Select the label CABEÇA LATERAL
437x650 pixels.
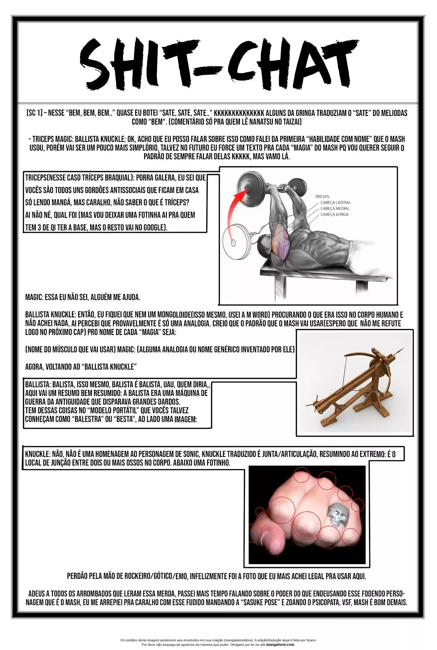click(335, 203)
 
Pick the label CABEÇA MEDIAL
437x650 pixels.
click(335, 208)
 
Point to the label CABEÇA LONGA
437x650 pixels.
click(334, 214)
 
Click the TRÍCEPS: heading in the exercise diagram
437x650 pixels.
click(322, 197)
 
